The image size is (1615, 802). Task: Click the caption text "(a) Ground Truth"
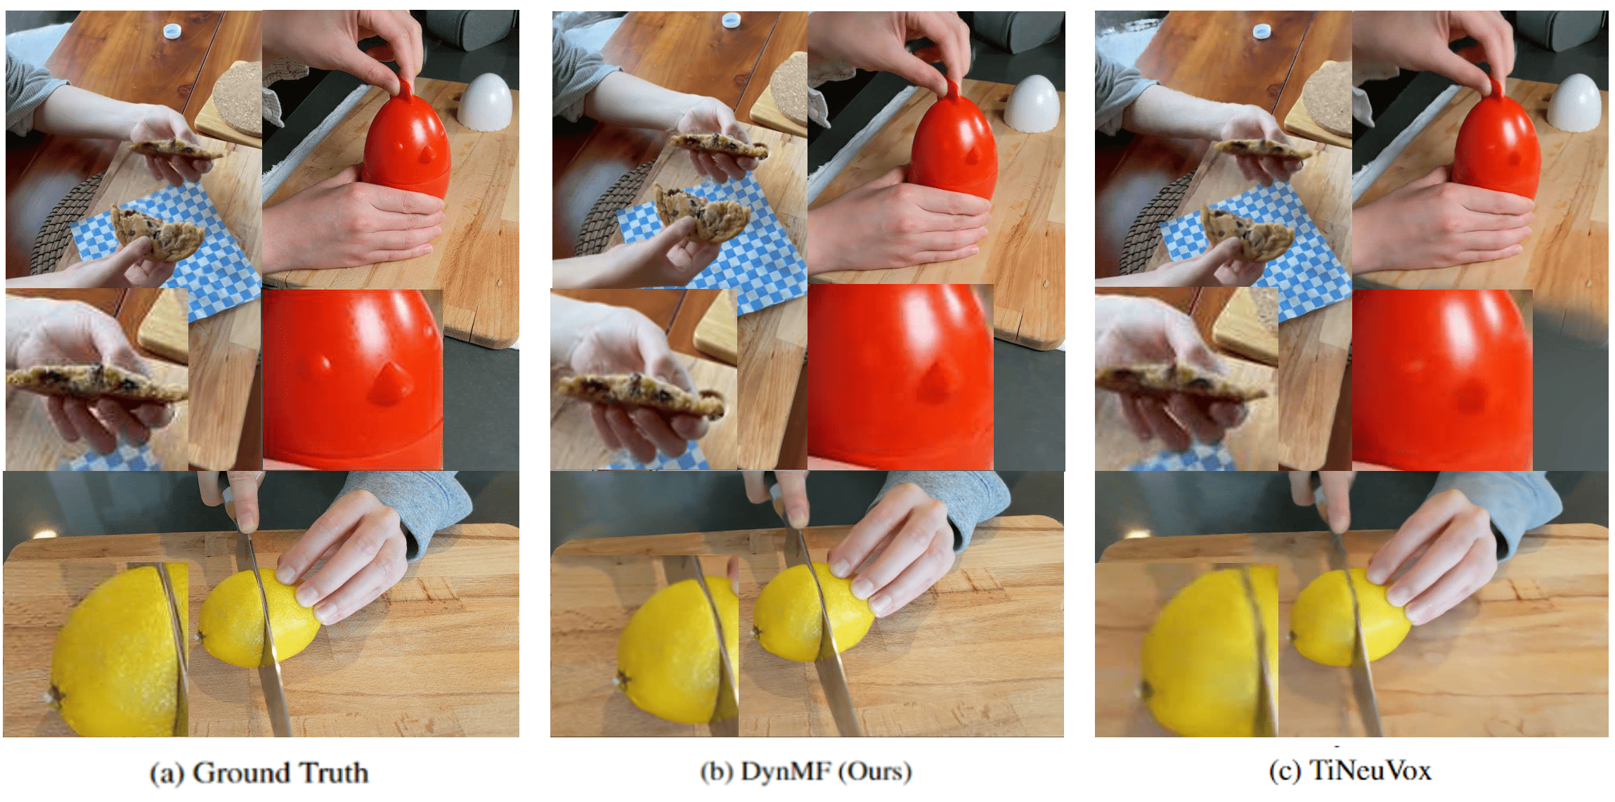coord(259,773)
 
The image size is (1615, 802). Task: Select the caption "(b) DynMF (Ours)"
coord(806,772)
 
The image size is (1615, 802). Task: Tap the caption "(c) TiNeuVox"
coord(1350,771)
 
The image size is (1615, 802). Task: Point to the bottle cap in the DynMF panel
coord(731,20)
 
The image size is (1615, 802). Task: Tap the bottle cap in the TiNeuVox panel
coord(1262,30)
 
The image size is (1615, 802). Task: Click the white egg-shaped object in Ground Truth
coord(485,103)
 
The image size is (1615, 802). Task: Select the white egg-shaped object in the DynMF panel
coord(1032,103)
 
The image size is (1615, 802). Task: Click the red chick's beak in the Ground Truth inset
coord(389,384)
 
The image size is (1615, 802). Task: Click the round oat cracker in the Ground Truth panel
coord(238,99)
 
